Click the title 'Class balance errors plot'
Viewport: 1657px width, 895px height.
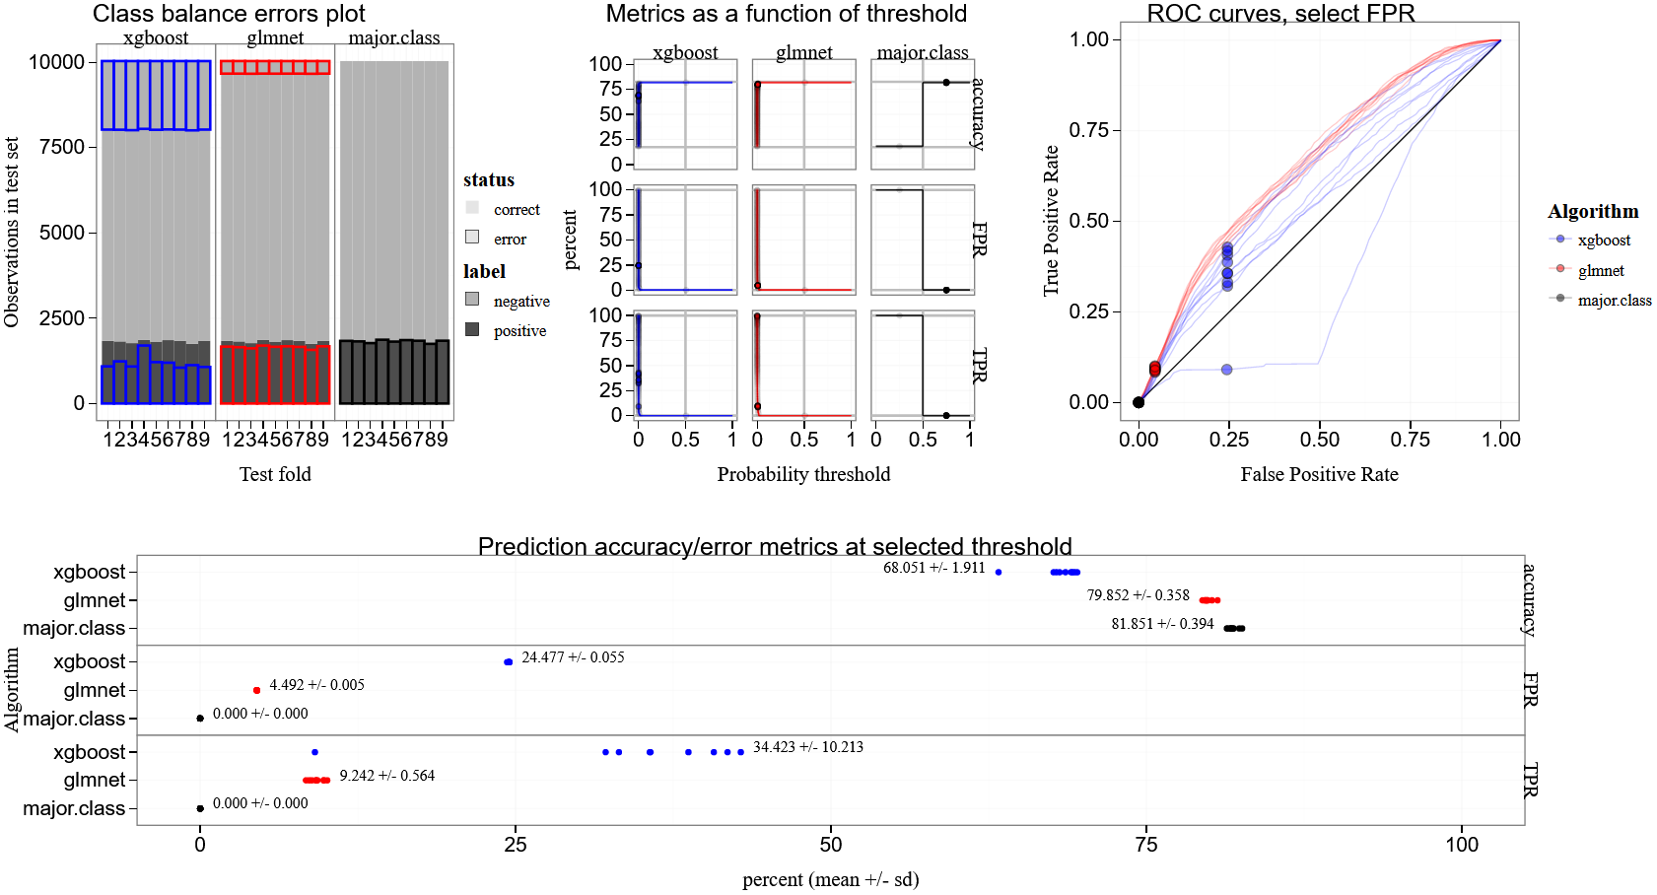229,14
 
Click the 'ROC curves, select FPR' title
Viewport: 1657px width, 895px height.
1280,14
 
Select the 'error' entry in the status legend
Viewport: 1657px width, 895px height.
510,240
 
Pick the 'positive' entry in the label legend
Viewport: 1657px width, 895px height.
519,331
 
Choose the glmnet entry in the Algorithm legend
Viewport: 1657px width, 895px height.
1601,271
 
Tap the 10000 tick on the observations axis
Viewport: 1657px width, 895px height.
57,62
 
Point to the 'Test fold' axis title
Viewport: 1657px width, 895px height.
275,474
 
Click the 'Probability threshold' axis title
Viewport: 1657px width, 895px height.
803,474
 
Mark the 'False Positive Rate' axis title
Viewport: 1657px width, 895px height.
1319,474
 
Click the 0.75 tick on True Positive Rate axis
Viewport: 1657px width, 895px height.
1089,130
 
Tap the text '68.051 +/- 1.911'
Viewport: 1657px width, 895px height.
933,568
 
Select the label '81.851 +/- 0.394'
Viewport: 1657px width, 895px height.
1162,624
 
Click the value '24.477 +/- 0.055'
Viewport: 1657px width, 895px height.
573,657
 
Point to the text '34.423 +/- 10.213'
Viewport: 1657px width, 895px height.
808,747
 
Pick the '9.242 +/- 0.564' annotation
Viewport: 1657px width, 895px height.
387,776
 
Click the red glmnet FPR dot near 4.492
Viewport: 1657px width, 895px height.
256,690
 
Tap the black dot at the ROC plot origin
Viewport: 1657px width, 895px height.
1139,402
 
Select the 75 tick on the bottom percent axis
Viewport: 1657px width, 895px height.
1146,845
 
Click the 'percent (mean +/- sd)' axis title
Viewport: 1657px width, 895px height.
830,879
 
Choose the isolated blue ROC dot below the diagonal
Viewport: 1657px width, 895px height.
1226,370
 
